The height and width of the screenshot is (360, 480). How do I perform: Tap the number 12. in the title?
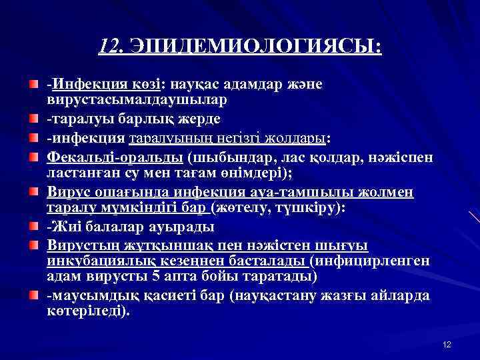click(111, 47)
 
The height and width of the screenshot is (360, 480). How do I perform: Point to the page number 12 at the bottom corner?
click(447, 344)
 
